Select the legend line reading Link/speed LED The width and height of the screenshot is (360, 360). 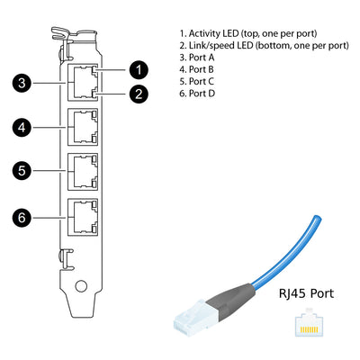pos(263,44)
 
